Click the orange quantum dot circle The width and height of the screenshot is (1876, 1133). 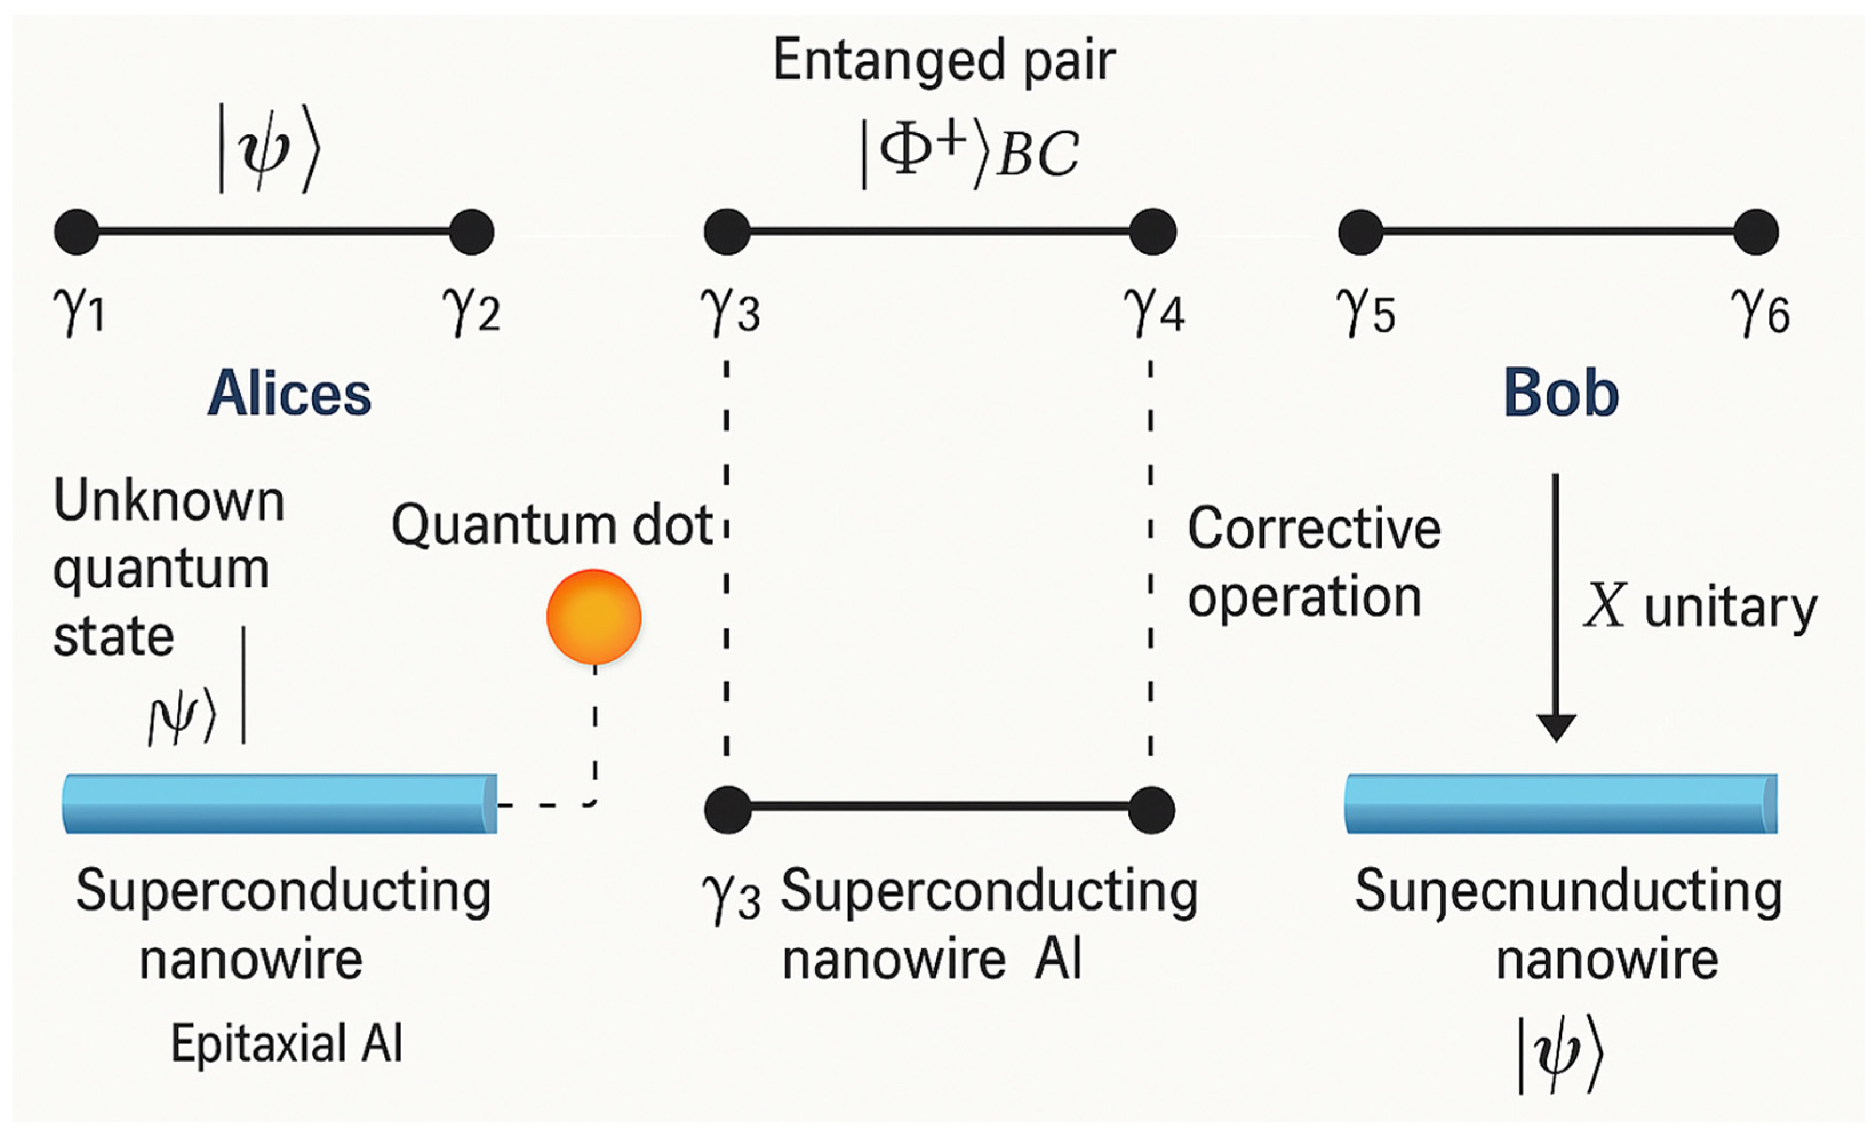[594, 617]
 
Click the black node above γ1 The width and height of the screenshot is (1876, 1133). [77, 232]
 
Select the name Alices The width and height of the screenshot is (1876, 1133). [289, 394]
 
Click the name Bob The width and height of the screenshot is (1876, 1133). [1561, 394]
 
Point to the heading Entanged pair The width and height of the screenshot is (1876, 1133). [944, 61]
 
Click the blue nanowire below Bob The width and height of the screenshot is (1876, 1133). [1561, 804]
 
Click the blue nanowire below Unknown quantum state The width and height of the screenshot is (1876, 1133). [280, 804]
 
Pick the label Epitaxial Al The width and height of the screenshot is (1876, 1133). [286, 1043]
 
